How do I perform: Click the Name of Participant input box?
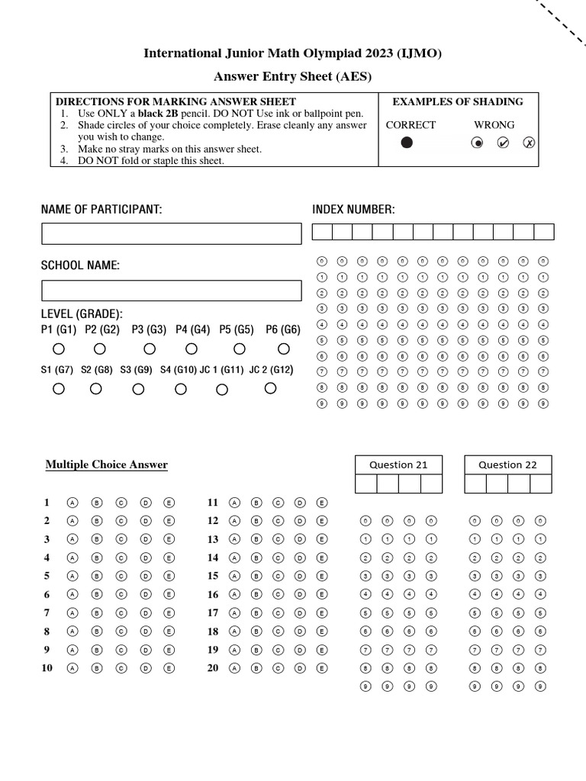point(171,233)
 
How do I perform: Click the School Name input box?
point(171,291)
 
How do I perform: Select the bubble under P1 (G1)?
point(59,349)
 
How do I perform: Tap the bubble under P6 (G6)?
point(284,349)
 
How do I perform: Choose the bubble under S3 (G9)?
point(138,389)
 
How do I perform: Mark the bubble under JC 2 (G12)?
point(270,388)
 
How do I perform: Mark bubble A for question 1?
point(72,503)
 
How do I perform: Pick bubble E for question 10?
point(169,668)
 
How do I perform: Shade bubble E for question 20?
point(322,668)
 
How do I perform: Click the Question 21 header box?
point(398,464)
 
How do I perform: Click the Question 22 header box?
point(507,464)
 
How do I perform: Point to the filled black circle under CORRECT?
point(407,143)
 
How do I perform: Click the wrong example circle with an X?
point(529,143)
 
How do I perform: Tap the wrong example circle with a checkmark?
point(503,143)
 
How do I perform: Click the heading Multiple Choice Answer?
point(106,464)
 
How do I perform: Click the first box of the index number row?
point(322,232)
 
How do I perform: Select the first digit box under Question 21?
point(366,484)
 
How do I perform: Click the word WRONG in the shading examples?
point(494,125)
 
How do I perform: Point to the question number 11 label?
point(213,503)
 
